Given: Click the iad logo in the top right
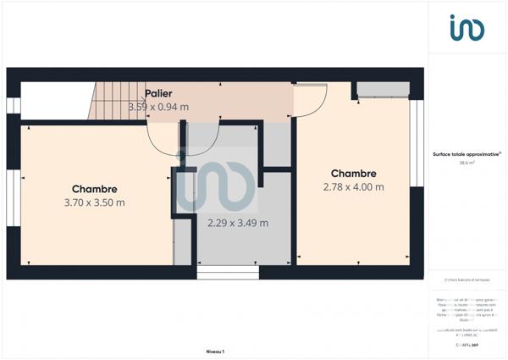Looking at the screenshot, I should (x=467, y=28).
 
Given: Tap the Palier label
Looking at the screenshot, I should (x=158, y=93).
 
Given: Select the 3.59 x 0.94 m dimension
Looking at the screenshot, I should (x=158, y=107).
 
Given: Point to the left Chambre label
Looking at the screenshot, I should (x=94, y=189).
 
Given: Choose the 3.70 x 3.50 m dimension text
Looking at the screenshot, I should (x=94, y=202).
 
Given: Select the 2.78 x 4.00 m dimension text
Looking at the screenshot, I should (x=354, y=186).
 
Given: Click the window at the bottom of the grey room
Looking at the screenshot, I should (x=228, y=273).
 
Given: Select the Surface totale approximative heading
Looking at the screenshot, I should (x=466, y=154).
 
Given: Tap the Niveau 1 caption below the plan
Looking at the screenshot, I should (x=214, y=350).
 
